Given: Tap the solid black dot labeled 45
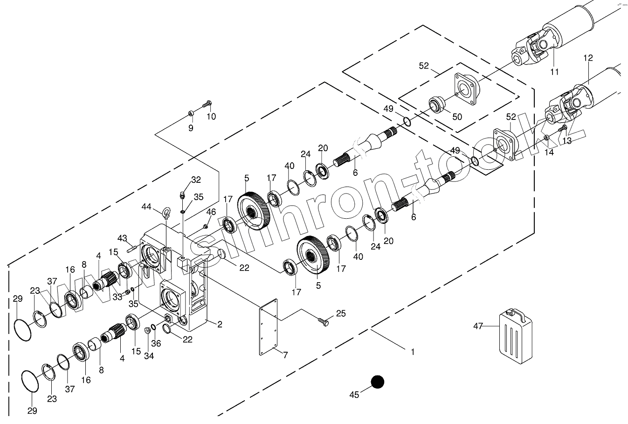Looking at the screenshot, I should [x=377, y=382].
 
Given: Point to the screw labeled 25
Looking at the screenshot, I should [x=323, y=321].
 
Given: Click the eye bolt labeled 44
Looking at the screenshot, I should [x=166, y=214].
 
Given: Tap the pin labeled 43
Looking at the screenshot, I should [x=130, y=247].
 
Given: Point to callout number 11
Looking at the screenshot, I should [x=554, y=71].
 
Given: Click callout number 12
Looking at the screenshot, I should [x=588, y=58].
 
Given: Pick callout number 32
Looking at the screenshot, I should [x=196, y=180].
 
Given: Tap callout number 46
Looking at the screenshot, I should [x=211, y=212].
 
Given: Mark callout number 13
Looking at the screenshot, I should [x=566, y=140].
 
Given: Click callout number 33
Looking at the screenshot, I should [x=117, y=296].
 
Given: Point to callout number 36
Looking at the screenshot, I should [x=156, y=344].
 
